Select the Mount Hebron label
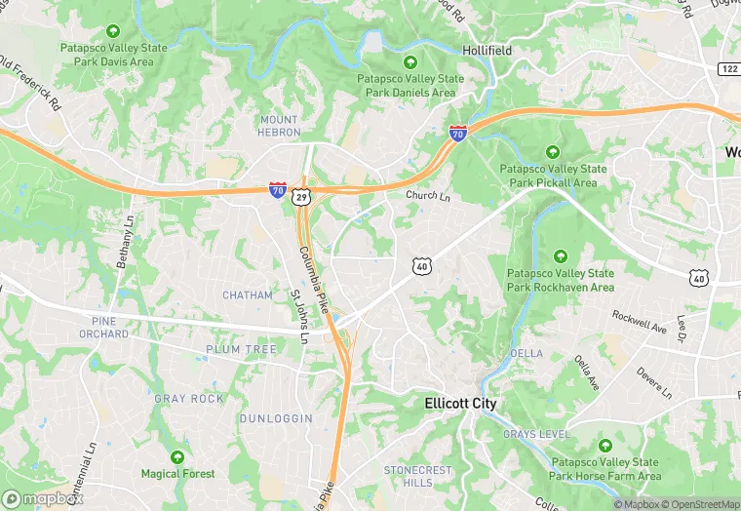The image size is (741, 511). (279, 126)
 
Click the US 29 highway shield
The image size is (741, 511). (303, 196)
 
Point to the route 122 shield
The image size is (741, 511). (728, 68)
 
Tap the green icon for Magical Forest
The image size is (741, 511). (177, 456)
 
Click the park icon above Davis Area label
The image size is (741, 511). (113, 30)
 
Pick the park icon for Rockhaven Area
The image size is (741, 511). (561, 256)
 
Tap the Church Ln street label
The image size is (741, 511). (428, 196)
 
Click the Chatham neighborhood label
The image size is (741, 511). (248, 295)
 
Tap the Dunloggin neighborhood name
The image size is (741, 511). (277, 418)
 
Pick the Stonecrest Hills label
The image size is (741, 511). (417, 476)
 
